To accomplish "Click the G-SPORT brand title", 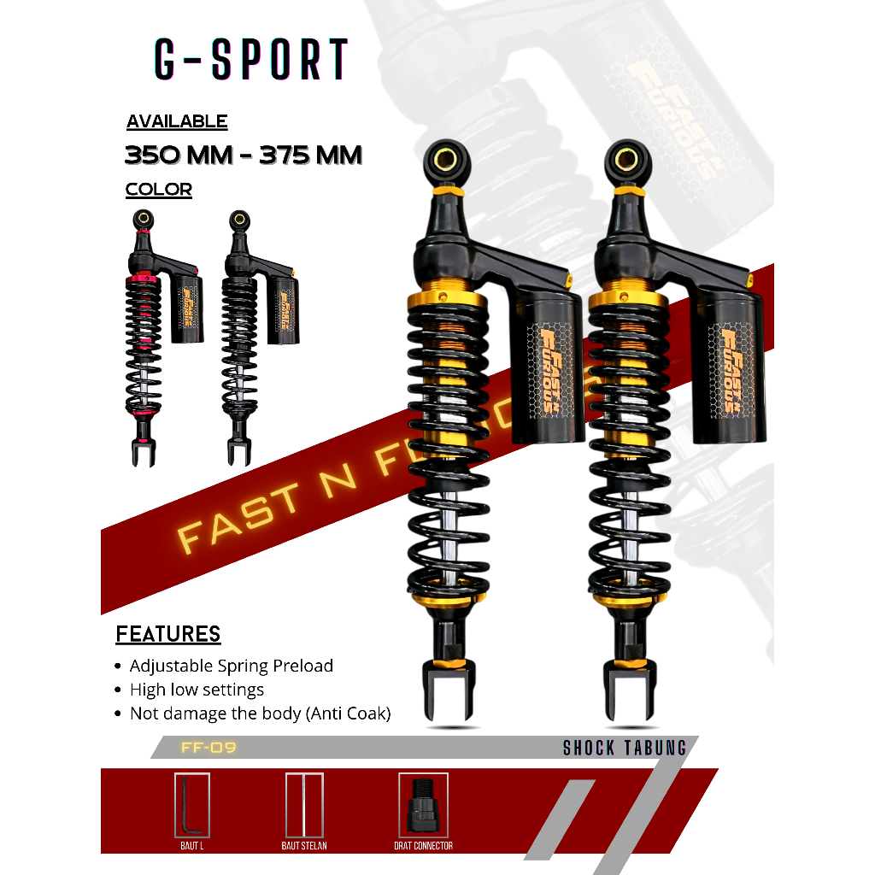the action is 251,59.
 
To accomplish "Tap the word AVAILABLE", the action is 177,121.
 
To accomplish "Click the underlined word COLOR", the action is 159,190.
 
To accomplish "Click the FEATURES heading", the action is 168,634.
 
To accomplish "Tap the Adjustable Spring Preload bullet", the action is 231,666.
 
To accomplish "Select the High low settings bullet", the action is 197,690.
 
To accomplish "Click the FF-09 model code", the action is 208,749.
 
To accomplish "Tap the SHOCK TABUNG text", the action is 625,749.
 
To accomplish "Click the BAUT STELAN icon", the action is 304,805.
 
